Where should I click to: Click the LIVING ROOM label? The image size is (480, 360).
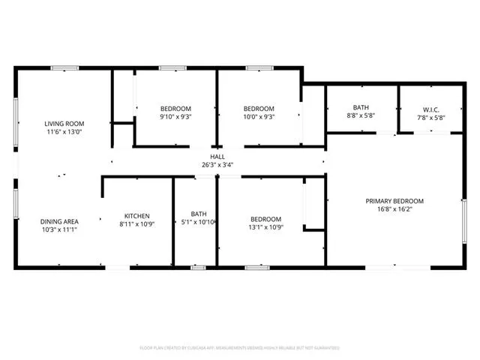click(64, 124)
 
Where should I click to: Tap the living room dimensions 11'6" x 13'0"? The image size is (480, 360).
click(64, 133)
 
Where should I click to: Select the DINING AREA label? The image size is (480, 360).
click(59, 221)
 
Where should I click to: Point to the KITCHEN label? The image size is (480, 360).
click(136, 215)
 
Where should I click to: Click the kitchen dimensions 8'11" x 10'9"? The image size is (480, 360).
click(136, 224)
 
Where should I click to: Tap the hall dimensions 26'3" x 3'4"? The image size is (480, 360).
click(217, 165)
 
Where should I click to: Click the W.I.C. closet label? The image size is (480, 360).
click(431, 108)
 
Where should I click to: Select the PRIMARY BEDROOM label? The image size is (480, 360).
click(394, 201)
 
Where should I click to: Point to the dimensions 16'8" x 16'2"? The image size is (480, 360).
click(394, 210)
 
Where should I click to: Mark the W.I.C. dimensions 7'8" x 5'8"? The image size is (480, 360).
click(431, 117)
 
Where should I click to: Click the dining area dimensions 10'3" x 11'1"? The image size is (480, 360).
click(59, 230)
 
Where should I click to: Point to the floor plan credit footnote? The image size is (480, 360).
click(240, 348)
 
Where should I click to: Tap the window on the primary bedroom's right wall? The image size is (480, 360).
click(464, 226)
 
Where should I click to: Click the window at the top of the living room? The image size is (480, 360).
click(60, 68)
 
